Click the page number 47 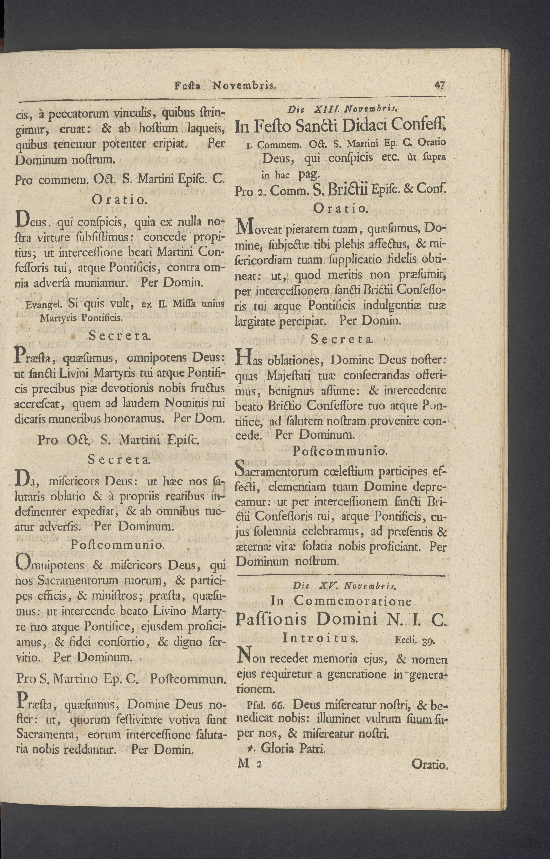pyautogui.click(x=439, y=86)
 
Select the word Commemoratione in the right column pyautogui.click(x=353, y=601)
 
